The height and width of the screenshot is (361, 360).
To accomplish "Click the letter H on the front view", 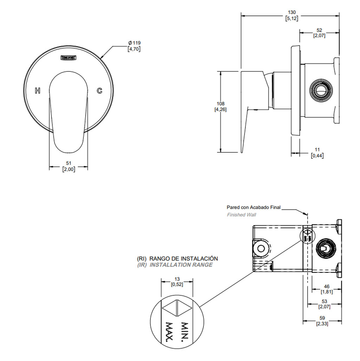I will pos(38,91).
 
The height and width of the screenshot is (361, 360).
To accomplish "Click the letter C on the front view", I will pos(99,91).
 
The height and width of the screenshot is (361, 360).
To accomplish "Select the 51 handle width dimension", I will pos(69,163).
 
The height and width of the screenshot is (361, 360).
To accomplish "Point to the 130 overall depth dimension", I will pos(291,13).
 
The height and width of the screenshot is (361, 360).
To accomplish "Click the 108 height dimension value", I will pos(220,104).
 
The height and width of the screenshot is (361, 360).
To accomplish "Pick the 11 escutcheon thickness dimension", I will pos(317,150).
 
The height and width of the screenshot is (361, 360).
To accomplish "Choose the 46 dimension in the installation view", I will pos(327,287).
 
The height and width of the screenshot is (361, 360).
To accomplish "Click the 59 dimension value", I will pos(322,318).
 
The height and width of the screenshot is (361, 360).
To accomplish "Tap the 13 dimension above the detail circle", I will pos(177,280).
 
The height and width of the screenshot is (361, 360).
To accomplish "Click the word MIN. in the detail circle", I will pos(185,332).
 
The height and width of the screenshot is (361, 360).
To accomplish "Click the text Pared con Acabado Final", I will pos(253,208).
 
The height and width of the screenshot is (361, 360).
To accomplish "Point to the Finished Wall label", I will pos(241,215).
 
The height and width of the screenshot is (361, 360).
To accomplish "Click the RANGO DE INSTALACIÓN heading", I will pos(184,258).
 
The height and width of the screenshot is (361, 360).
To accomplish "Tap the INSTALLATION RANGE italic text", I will pos(181,265).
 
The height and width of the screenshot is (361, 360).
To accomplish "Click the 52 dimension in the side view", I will pos(319,30).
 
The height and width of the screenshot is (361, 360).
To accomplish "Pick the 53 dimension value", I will pos(324,301).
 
